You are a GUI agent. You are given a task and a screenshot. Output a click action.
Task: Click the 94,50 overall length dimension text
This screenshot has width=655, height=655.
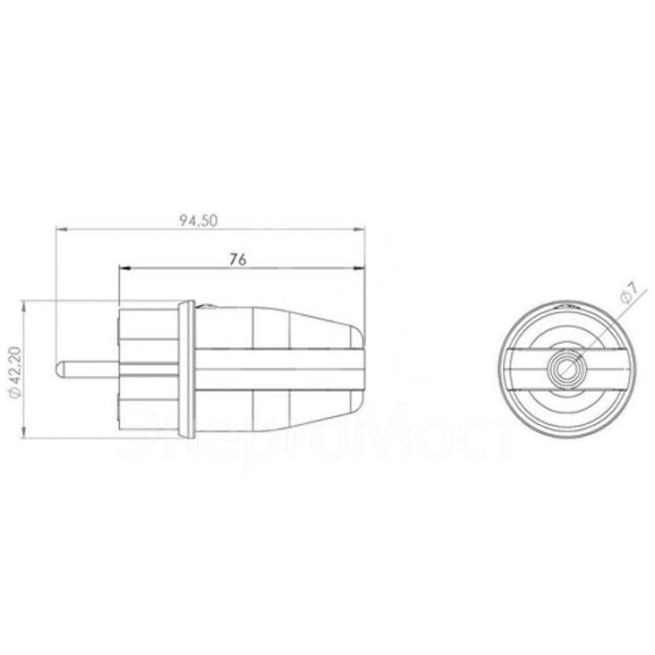pyautogui.click(x=197, y=221)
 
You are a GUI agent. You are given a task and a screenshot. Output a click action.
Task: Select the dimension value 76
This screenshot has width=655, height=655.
pyautogui.click(x=236, y=260)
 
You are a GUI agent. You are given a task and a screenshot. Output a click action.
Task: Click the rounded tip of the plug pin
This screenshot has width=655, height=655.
pyautogui.click(x=60, y=371)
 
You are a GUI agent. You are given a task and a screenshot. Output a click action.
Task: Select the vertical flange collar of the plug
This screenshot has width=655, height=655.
pyautogui.click(x=184, y=370)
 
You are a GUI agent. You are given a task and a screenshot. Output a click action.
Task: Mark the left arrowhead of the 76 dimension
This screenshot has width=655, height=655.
pyautogui.click(x=122, y=269)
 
